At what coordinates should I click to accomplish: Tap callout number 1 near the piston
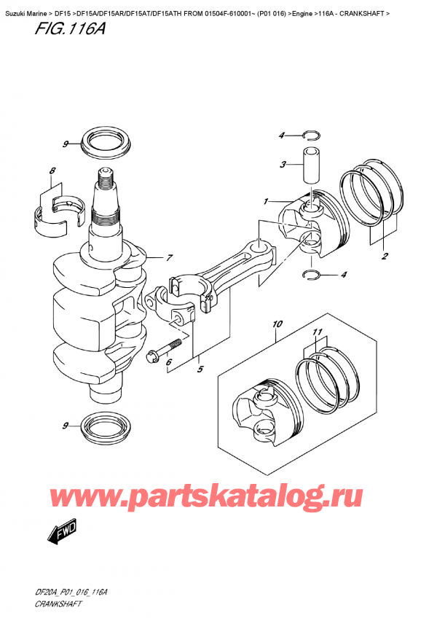pos(267,201)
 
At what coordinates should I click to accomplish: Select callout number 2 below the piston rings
pos(383,256)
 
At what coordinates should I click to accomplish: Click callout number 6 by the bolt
pos(169,362)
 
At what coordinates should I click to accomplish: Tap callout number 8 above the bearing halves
pos(52,173)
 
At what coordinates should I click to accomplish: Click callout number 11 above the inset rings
pos(316,332)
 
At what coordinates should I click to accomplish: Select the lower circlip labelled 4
pos(311,275)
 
